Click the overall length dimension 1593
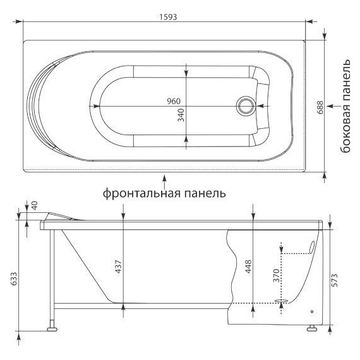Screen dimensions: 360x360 [x=167, y=17]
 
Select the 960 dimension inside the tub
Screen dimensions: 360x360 [x=174, y=102]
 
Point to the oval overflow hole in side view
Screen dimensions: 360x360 [x=312, y=247]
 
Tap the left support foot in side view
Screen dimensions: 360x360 [x=51, y=328]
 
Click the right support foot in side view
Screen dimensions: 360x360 [x=311, y=328]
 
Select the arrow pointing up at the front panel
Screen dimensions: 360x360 [x=165, y=177]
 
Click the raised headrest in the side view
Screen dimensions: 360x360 [x=66, y=215]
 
